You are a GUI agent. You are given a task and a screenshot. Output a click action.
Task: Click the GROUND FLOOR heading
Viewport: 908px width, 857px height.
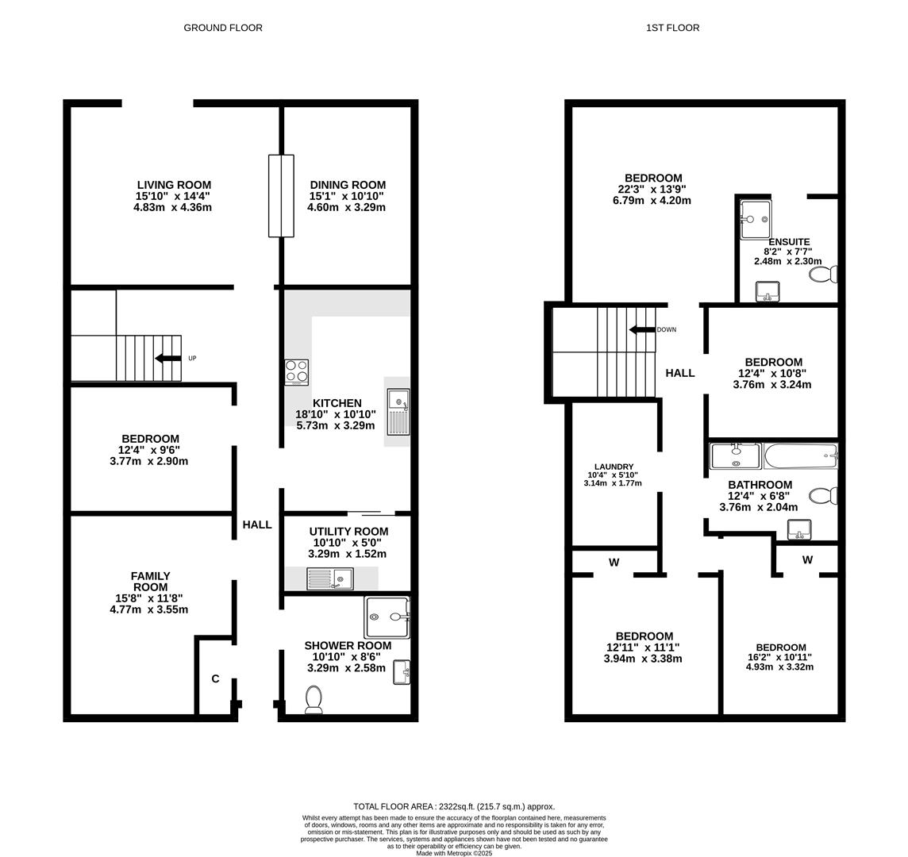click(223, 28)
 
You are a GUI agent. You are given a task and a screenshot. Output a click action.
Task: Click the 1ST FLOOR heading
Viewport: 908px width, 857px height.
click(672, 28)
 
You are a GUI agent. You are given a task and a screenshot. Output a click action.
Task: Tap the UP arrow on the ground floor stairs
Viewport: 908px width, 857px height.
click(168, 359)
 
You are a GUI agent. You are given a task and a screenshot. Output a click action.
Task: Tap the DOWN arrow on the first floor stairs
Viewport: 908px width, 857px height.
click(642, 329)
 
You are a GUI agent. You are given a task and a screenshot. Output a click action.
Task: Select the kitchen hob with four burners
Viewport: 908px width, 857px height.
click(296, 372)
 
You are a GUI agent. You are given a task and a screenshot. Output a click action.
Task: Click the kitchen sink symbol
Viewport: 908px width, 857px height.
click(398, 412)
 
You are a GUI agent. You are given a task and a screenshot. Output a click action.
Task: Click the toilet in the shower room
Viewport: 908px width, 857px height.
click(314, 699)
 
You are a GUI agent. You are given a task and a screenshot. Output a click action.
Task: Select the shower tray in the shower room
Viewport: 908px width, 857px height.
click(387, 617)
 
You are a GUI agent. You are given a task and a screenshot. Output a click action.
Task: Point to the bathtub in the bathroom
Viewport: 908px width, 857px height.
click(800, 456)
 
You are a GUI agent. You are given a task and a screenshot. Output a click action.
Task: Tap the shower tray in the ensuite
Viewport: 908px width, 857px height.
click(755, 218)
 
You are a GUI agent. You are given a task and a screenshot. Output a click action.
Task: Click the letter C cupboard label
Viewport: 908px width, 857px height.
click(215, 679)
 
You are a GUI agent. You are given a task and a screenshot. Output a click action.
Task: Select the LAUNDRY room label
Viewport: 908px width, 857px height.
click(614, 467)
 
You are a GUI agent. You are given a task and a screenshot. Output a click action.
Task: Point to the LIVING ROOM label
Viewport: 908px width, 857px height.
click(174, 185)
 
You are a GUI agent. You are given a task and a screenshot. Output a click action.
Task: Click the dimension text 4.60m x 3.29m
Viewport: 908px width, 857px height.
click(346, 208)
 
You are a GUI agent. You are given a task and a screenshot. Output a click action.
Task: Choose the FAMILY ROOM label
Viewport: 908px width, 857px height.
click(150, 582)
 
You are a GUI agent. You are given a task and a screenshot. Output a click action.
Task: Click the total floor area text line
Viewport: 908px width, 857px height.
click(454, 806)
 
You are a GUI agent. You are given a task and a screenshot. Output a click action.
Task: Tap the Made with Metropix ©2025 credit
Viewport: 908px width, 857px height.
click(454, 854)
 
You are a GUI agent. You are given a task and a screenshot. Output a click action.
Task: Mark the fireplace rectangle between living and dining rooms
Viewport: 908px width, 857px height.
click(281, 196)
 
